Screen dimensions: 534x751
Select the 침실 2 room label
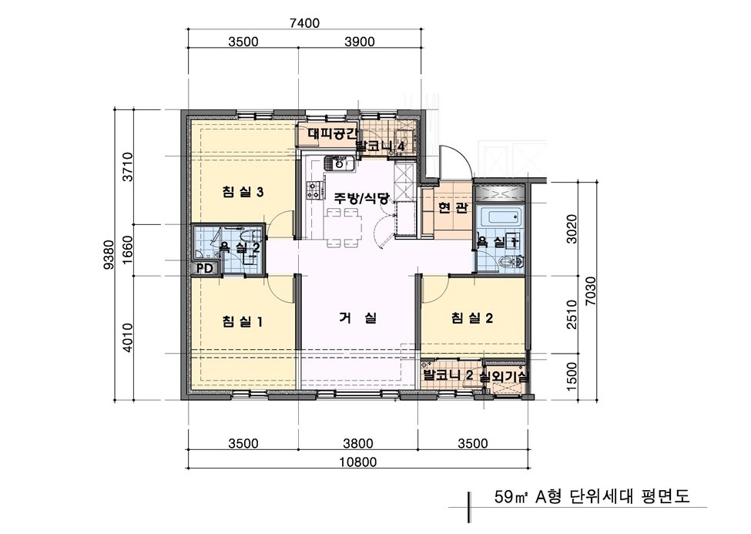(x=471, y=317)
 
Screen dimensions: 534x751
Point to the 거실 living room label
(x=357, y=317)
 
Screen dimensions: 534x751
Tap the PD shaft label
(x=204, y=268)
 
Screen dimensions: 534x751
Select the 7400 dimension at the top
(x=303, y=23)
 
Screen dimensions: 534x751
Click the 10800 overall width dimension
(x=358, y=462)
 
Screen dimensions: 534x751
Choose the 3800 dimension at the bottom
(x=358, y=443)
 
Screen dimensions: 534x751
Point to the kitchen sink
(x=338, y=163)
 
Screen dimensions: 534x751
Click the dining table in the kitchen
(x=344, y=228)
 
